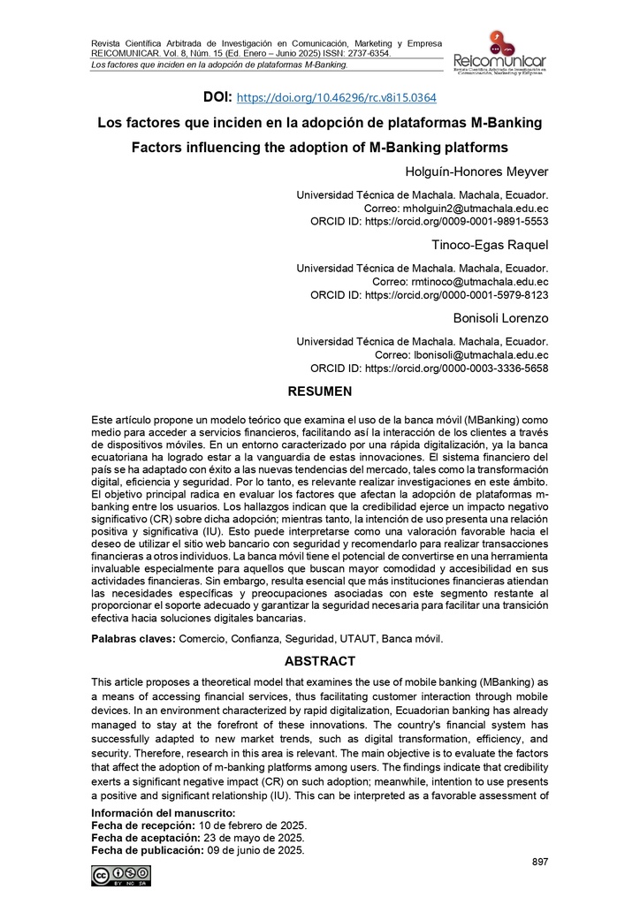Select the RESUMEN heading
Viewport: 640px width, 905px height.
tap(319, 391)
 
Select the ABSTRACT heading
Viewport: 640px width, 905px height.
tap(319, 661)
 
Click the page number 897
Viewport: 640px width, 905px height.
tap(539, 862)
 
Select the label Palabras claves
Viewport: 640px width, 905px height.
tap(133, 638)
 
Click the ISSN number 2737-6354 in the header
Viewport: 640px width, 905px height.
tap(363, 53)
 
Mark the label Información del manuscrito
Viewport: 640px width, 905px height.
tap(164, 812)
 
